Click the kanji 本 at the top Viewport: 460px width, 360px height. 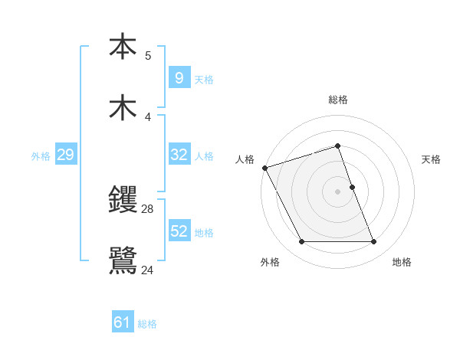point(123,47)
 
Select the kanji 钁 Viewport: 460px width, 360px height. point(123,201)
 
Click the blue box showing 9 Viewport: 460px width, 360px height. point(179,77)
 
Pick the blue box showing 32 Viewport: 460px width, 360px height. point(179,155)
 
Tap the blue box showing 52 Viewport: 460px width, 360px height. point(179,231)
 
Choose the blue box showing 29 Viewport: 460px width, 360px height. point(65,155)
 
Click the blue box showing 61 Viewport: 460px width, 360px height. point(122,323)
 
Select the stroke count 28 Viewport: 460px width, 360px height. point(148,208)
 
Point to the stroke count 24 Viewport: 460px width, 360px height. point(148,270)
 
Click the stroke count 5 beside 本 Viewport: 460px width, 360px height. point(148,55)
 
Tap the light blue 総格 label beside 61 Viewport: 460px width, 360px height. point(147,324)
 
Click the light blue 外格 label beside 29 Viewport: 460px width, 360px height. point(41,155)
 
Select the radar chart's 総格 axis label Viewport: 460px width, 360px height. point(337,100)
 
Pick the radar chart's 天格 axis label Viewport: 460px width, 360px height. point(431,159)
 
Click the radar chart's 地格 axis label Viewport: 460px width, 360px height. point(402,262)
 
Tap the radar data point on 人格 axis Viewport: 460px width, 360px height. point(264,168)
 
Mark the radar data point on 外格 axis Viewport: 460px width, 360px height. point(301,242)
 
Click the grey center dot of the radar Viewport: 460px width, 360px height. point(337,191)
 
